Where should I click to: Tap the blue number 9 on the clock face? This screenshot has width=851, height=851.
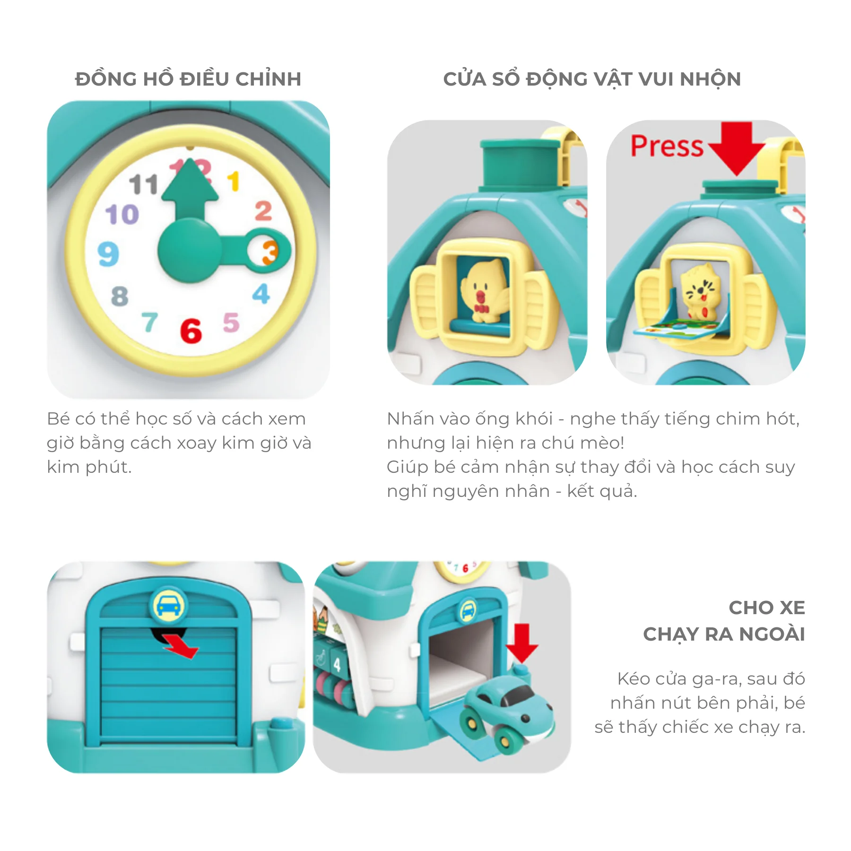tap(108, 254)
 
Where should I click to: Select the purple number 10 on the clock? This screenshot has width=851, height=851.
tap(122, 215)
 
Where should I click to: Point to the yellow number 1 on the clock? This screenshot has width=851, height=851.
tap(234, 182)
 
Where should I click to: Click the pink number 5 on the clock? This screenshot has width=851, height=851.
tap(231, 322)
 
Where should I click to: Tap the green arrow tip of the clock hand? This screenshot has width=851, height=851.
tap(190, 160)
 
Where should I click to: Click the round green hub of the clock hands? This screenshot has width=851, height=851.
tap(189, 250)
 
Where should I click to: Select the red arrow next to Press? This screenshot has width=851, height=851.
tap(737, 148)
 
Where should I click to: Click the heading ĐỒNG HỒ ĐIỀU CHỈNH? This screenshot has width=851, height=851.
tap(188, 79)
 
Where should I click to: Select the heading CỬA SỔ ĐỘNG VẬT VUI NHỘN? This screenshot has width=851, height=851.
tap(592, 79)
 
